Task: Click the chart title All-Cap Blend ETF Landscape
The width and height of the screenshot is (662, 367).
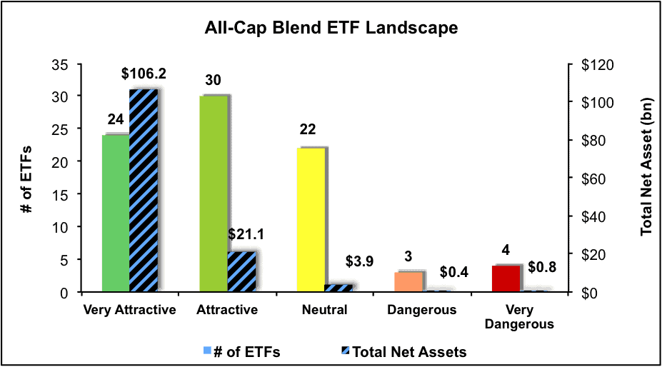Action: (x=331, y=28)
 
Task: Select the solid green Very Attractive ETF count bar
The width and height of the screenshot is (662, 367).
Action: (x=116, y=213)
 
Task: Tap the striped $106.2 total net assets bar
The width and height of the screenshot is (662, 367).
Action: (x=143, y=191)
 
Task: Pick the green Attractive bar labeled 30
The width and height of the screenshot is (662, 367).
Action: (x=214, y=193)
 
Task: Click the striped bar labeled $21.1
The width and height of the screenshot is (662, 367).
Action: (x=241, y=271)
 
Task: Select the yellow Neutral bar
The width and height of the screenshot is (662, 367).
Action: (x=311, y=220)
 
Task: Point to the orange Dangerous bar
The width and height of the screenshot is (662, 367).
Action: (x=408, y=282)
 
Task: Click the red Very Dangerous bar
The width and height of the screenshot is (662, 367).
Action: (x=506, y=278)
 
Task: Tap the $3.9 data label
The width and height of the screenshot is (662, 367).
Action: (x=359, y=261)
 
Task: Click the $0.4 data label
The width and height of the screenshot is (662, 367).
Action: (x=454, y=273)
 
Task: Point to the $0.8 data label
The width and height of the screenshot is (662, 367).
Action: (x=542, y=267)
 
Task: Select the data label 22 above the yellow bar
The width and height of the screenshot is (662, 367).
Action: (x=307, y=129)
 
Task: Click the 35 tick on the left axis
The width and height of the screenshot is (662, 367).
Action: (x=59, y=65)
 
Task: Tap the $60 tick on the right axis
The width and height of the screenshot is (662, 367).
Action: (x=594, y=179)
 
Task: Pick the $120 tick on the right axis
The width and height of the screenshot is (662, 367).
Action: (x=598, y=65)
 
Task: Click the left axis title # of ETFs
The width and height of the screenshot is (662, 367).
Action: (x=26, y=179)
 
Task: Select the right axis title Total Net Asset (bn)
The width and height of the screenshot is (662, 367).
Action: (x=646, y=167)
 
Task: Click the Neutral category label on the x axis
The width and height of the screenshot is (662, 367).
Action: (x=324, y=310)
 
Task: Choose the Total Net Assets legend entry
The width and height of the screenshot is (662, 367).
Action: (x=403, y=352)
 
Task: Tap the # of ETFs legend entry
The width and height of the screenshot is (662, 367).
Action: (x=241, y=352)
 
